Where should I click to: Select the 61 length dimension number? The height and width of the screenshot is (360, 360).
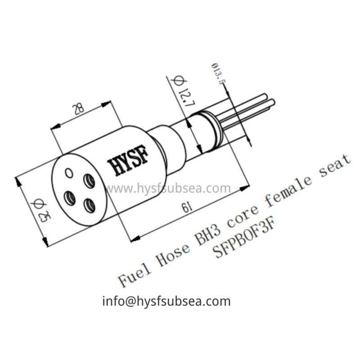tap(184, 208)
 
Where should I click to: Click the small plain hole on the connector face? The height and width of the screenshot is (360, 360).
tap(68, 172)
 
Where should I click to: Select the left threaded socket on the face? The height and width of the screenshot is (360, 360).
tap(70, 197)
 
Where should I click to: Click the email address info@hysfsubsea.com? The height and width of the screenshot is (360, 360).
tap(166, 301)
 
